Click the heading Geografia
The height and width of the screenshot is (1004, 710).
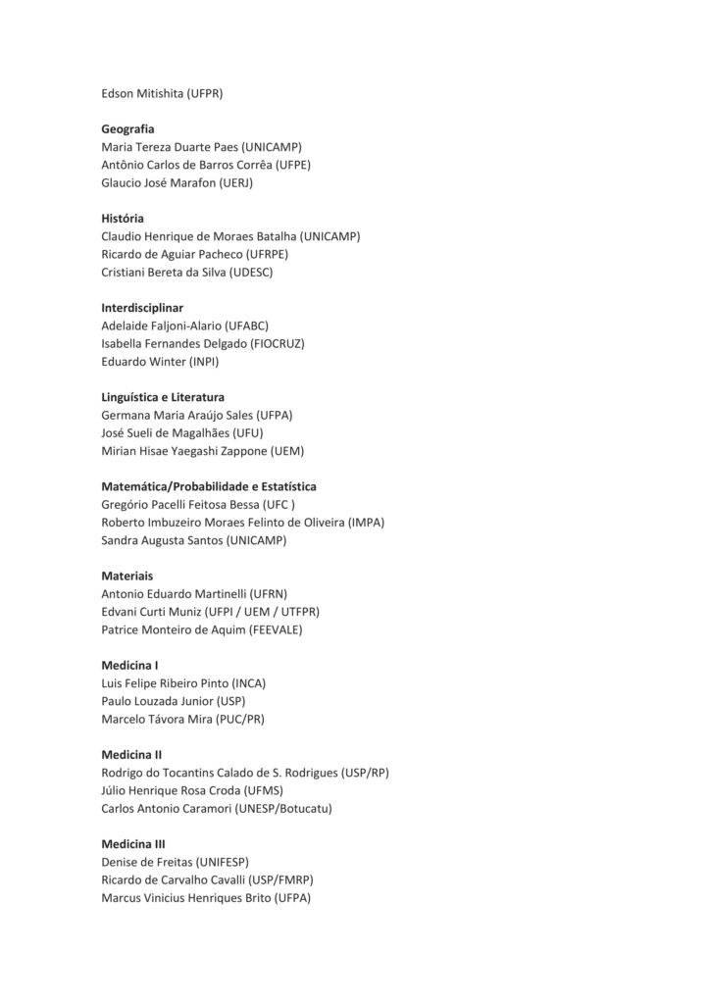[x=127, y=128]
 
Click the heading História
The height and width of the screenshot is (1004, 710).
[x=123, y=219]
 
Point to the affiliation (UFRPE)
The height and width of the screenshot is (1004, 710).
[x=267, y=254]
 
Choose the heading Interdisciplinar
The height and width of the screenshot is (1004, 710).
[x=142, y=308]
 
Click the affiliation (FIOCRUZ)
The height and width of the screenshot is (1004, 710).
[x=278, y=343]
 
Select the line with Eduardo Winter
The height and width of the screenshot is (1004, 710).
[x=160, y=361]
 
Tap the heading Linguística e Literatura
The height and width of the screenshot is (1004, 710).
[x=163, y=397]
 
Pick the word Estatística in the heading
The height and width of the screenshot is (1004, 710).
[x=284, y=486]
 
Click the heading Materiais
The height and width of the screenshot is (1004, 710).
[x=127, y=577]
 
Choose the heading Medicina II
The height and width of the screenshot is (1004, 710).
[x=131, y=755]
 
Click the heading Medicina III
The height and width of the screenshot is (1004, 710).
[x=133, y=844]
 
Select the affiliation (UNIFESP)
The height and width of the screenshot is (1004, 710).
[x=224, y=862]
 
